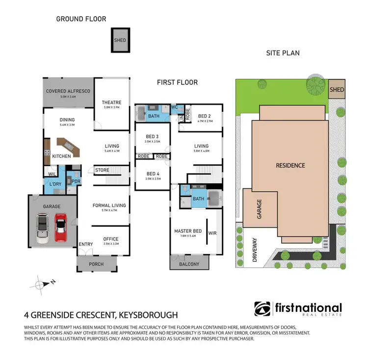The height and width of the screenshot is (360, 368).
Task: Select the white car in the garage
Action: point(43,230)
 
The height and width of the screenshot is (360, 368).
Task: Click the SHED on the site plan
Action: point(337,90)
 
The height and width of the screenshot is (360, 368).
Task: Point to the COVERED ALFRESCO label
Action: point(68,91)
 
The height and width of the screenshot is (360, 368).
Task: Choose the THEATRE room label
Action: point(112,103)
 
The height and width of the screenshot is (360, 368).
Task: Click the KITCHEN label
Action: point(62,156)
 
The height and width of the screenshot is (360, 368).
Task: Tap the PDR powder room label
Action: point(76,181)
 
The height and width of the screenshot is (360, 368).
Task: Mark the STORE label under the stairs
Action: point(102,170)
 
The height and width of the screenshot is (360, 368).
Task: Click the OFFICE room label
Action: point(111,239)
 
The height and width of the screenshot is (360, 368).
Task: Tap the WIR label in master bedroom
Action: point(212,233)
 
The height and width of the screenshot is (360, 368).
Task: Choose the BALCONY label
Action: point(189,264)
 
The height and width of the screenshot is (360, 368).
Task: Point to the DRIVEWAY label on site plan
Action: point(255,250)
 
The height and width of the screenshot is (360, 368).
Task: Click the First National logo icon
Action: point(262,309)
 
